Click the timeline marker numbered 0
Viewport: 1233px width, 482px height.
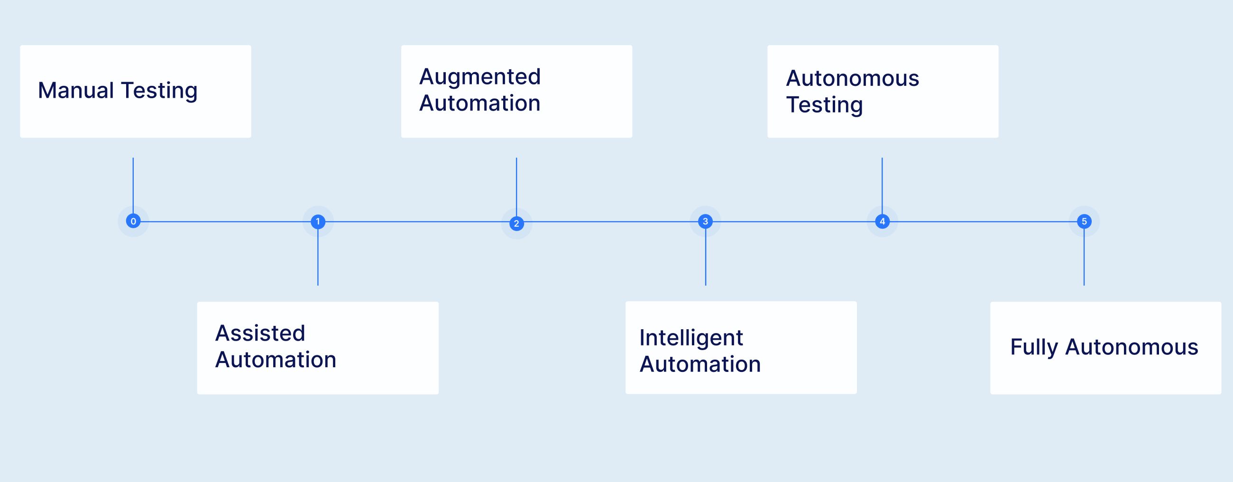(x=133, y=221)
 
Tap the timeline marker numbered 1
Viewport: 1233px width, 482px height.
(x=318, y=222)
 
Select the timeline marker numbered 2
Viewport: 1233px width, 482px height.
(x=516, y=223)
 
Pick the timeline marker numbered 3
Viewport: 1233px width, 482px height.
(x=705, y=221)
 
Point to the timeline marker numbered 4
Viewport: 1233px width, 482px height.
(x=882, y=221)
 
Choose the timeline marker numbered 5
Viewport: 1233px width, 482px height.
(x=1084, y=221)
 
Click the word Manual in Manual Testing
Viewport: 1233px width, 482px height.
(x=75, y=91)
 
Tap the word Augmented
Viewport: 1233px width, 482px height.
(x=479, y=76)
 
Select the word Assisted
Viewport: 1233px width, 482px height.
(x=260, y=333)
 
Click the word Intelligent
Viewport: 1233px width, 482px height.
(x=690, y=338)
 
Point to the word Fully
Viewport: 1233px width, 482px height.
(x=1033, y=347)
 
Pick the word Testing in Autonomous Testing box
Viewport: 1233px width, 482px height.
(x=824, y=105)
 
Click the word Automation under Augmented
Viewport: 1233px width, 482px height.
(x=479, y=103)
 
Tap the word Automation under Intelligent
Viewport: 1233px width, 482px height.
(x=700, y=364)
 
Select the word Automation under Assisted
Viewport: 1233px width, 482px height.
(x=275, y=360)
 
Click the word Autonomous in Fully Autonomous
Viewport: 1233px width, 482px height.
(x=1132, y=347)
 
